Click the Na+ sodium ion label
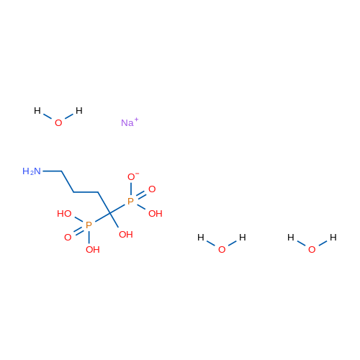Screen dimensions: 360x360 pyautogui.click(x=130, y=122)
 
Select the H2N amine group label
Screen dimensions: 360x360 pyautogui.click(x=32, y=171)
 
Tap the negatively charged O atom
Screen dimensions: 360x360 pyautogui.click(x=131, y=177)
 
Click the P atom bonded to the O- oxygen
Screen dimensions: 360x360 pyautogui.click(x=130, y=201)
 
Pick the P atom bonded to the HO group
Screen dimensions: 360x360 pyautogui.click(x=89, y=225)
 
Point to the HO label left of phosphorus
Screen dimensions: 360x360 pyautogui.click(x=64, y=213)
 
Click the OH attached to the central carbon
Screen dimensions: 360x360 pyautogui.click(x=126, y=234)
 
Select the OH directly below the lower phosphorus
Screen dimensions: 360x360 pyautogui.click(x=93, y=250)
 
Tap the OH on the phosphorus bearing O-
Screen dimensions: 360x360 pyautogui.click(x=156, y=213)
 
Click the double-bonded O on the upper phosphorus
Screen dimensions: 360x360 pyautogui.click(x=152, y=189)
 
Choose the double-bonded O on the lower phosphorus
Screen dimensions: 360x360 pyautogui.click(x=68, y=238)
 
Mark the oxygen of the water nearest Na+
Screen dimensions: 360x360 pyautogui.click(x=58, y=123)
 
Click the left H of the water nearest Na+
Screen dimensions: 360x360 pyautogui.click(x=37, y=111)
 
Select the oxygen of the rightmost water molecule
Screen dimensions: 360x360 pyautogui.click(x=312, y=250)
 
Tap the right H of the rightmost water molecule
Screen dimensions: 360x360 pyautogui.click(x=333, y=238)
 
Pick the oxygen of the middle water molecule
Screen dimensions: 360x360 pyautogui.click(x=222, y=250)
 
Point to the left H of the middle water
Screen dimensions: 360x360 pyautogui.click(x=201, y=238)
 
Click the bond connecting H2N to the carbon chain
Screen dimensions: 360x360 pyautogui.click(x=52, y=171)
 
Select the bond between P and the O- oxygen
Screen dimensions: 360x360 pyautogui.click(x=131, y=189)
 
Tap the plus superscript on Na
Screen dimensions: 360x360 pyautogui.click(x=136, y=120)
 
